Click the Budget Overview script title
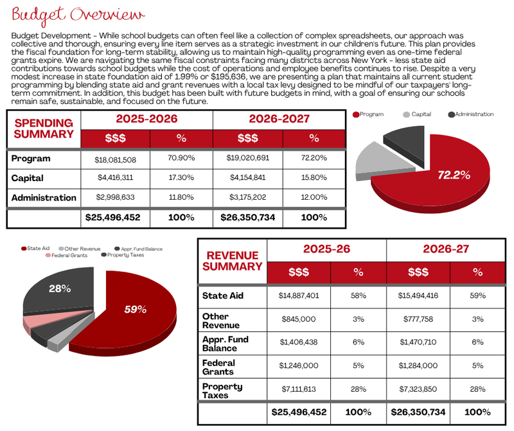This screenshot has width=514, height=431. [78, 15]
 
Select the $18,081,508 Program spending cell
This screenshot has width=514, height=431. [116, 160]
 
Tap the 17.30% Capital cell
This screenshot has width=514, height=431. [181, 178]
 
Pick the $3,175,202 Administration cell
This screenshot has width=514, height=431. [248, 197]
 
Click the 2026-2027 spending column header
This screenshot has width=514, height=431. [279, 119]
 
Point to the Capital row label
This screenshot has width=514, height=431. [27, 178]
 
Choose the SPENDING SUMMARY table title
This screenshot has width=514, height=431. [44, 128]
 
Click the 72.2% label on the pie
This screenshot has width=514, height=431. [454, 175]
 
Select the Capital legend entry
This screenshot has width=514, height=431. [417, 114]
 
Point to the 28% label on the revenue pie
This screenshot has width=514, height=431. [60, 289]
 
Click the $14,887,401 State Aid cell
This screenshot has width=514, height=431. [299, 295]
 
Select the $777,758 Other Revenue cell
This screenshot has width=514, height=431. [418, 319]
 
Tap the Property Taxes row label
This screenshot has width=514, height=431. [222, 391]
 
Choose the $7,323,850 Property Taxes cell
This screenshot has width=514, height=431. [418, 389]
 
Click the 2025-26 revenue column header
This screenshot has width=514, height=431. [326, 249]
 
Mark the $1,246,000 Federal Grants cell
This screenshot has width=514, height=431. [299, 365]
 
